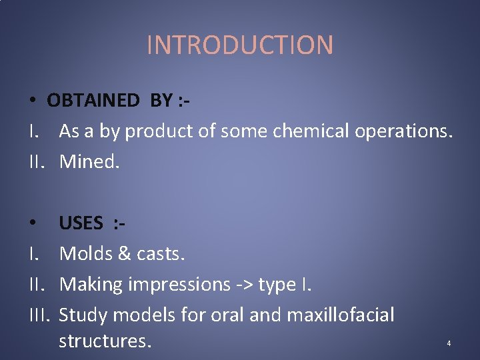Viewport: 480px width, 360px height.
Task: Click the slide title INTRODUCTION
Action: coord(239,45)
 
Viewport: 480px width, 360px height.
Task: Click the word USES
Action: coord(81,223)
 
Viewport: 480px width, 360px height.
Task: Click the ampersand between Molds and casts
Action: coord(127,254)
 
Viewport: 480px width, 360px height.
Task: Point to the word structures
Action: coord(105,341)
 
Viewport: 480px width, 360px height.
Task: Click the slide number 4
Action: coord(449,344)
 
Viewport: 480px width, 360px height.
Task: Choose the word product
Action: coord(161,132)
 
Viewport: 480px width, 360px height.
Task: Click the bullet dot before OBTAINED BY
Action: coord(32,101)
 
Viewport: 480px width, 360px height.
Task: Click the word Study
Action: coord(85,315)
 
